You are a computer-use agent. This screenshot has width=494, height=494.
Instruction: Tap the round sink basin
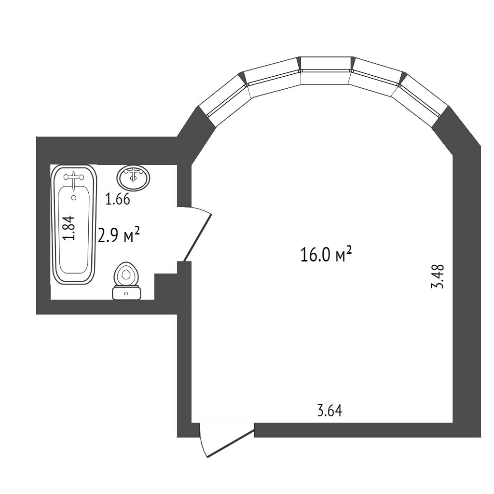pos(134,178)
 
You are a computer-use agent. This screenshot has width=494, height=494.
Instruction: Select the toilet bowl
pos(126,275)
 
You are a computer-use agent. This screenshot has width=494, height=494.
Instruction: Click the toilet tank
pos(126,293)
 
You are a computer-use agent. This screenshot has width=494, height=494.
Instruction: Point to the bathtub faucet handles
pos(73,177)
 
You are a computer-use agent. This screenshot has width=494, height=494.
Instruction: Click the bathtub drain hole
pos(74,197)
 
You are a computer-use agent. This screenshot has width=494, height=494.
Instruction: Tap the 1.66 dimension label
pos(118,199)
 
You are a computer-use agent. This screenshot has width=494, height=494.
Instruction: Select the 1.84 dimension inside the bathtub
pos(70,228)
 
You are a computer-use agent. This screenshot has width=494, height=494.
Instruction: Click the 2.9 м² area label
pos(119,236)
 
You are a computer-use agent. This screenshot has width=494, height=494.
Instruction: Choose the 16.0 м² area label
pos(326,254)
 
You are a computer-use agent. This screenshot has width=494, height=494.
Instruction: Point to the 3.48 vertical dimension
pos(438,275)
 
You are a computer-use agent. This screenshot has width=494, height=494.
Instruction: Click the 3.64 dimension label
pos(329,411)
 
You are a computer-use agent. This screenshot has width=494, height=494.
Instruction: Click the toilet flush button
pos(126,293)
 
